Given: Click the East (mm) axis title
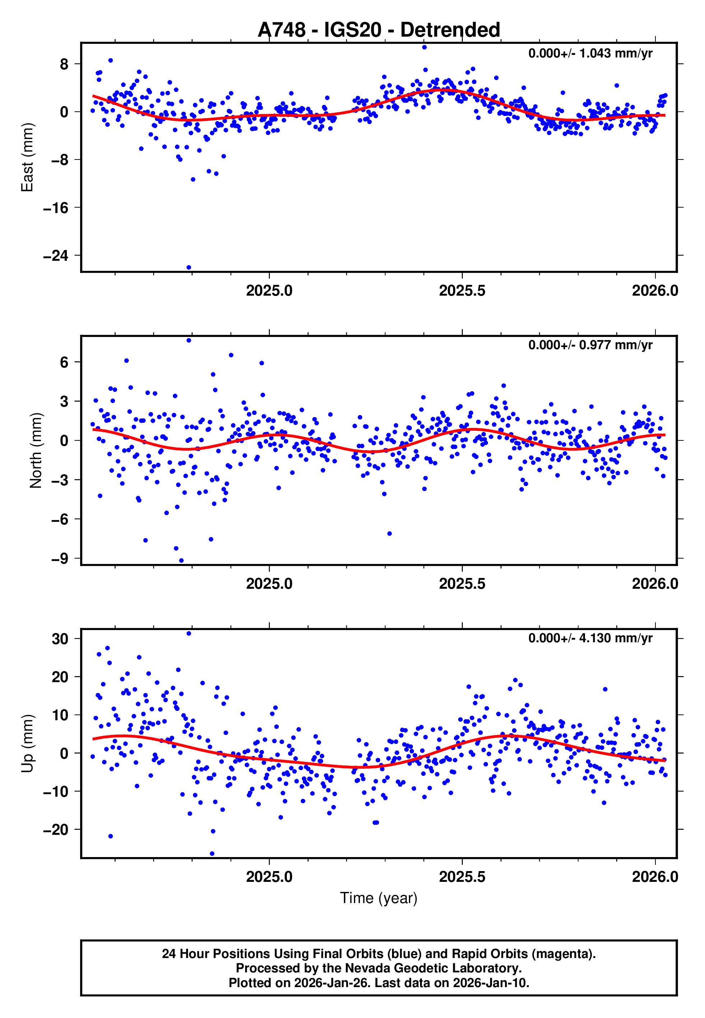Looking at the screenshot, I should (27, 157).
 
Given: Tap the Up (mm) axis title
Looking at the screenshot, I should (27, 744).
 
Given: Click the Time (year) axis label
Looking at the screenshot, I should (379, 898).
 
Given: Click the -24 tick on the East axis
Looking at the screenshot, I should (56, 256).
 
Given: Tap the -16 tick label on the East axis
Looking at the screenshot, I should (56, 208).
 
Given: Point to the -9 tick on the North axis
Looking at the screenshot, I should (60, 559).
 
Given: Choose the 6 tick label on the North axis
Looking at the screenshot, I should (64, 362).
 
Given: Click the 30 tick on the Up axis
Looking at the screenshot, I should (60, 639).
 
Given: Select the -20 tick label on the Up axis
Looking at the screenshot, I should (56, 830).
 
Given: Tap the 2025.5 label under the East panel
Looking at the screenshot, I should (462, 291).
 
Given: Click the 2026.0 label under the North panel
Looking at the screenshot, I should (655, 584).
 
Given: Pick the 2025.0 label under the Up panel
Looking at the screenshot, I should (269, 877).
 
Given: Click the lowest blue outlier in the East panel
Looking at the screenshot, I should (189, 268).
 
